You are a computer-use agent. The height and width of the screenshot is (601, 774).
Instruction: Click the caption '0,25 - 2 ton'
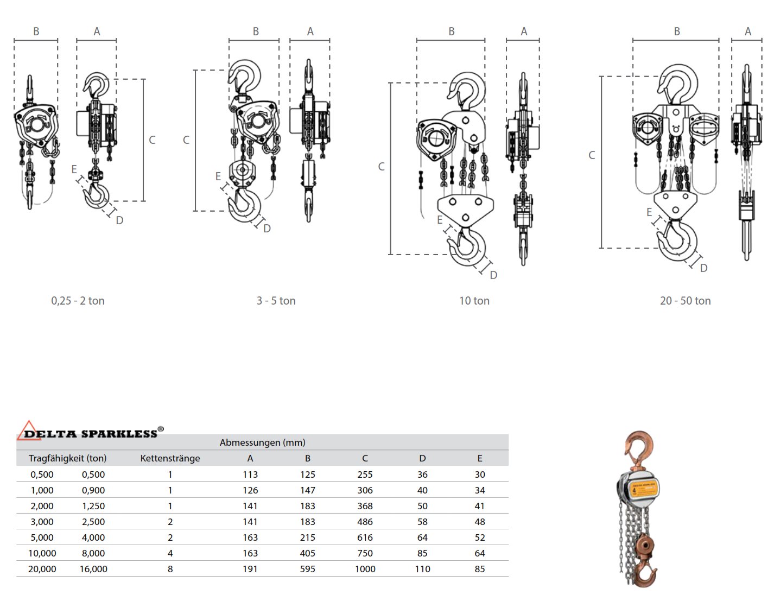click(x=78, y=301)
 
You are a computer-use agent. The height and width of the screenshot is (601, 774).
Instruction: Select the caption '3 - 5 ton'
click(x=276, y=301)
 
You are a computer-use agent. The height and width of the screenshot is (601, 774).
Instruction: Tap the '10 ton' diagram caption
click(x=474, y=301)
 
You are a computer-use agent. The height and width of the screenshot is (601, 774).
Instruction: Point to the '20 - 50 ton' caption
click(x=685, y=301)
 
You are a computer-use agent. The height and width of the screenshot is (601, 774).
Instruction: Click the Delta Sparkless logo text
click(x=91, y=433)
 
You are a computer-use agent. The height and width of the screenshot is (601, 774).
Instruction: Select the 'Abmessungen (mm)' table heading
click(x=262, y=442)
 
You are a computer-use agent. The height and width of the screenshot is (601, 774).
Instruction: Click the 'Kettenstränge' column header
click(x=170, y=458)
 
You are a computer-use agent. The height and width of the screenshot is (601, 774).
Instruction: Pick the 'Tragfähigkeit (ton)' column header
click(x=67, y=458)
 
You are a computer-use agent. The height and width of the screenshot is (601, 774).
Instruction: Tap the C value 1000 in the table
click(x=365, y=569)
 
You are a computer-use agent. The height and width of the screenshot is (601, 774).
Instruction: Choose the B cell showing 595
click(x=307, y=569)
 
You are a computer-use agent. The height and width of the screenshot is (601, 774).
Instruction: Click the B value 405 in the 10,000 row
click(x=307, y=553)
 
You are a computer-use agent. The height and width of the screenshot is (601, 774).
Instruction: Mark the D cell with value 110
click(x=422, y=569)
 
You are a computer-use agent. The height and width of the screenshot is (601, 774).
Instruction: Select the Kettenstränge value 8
click(x=170, y=569)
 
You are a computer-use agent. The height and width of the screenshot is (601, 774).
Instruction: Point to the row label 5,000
click(x=42, y=537)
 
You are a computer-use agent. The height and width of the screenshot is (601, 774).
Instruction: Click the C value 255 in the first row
click(x=365, y=475)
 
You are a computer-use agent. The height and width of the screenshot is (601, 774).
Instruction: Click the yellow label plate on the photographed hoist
click(x=644, y=489)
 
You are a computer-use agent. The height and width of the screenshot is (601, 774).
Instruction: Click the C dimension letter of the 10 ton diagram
click(x=381, y=167)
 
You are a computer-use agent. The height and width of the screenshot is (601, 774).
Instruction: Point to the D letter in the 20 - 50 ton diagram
click(x=703, y=268)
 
